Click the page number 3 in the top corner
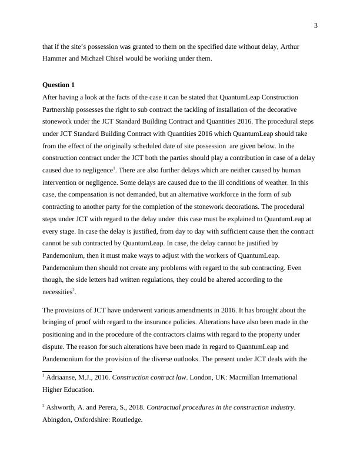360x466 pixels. point(316,25)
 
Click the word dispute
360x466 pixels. point(55,349)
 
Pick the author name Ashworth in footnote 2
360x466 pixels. point(64,407)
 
